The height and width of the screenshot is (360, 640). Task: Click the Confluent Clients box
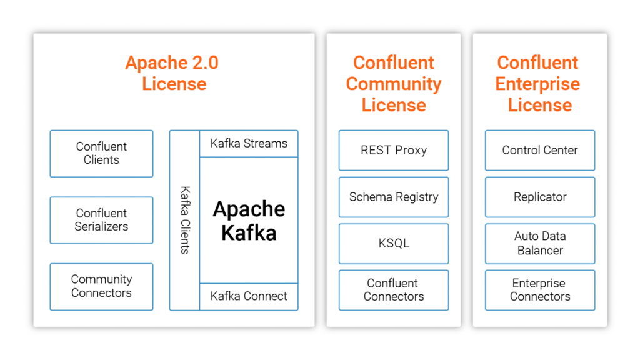point(101,153)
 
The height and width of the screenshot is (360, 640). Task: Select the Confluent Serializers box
point(101,220)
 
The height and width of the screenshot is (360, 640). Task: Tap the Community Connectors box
point(101,286)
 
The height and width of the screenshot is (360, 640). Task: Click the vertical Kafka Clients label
point(184,220)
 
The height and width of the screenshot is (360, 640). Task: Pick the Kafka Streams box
point(249,144)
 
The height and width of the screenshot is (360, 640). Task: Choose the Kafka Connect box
point(249,296)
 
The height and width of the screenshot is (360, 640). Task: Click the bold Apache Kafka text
point(249,221)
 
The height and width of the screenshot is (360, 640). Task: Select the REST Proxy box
point(394,150)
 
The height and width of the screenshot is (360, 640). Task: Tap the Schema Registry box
point(394,197)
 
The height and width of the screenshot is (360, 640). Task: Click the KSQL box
point(394,243)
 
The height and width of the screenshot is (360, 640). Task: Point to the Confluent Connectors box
point(394,290)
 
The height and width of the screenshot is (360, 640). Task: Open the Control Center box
point(540,150)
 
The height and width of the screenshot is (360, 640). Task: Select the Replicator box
point(540,197)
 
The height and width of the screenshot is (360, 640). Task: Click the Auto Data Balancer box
point(540,243)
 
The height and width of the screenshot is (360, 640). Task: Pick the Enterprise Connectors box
point(540,290)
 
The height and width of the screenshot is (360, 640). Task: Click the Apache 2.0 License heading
point(173,73)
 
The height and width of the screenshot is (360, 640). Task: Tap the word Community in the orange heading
point(394,84)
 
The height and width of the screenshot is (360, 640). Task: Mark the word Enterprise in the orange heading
point(537,84)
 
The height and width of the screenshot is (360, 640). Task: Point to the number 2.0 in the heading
point(204,63)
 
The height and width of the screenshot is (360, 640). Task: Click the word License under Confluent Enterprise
point(540,105)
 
